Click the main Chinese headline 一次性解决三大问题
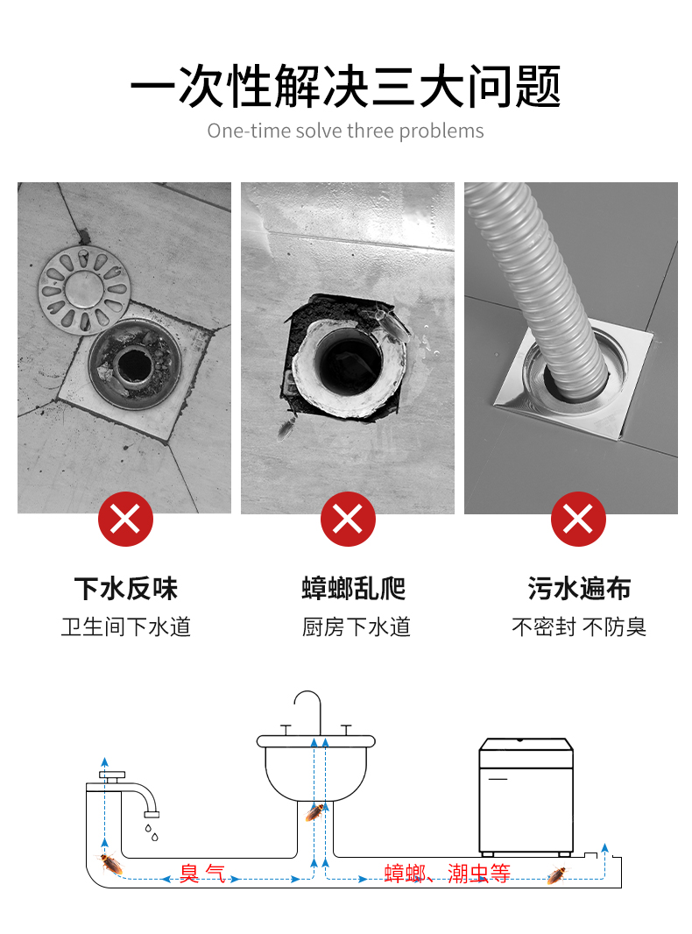coord(345,87)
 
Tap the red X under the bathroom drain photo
coord(125,519)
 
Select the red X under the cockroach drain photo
coord(348,519)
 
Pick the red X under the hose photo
coord(578,519)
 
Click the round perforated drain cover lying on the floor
coord(84,290)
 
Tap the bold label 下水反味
coord(125,589)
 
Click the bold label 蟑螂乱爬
coord(354,589)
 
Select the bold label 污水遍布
coord(579,589)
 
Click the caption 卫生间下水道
coord(125,626)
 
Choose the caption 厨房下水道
coord(357,626)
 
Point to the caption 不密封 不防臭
coord(579,626)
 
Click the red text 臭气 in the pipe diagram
coord(202,874)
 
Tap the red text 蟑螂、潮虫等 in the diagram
coord(448,874)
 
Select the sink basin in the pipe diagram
coord(315,768)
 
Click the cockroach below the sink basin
coord(315,811)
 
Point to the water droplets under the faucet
coord(152,832)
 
